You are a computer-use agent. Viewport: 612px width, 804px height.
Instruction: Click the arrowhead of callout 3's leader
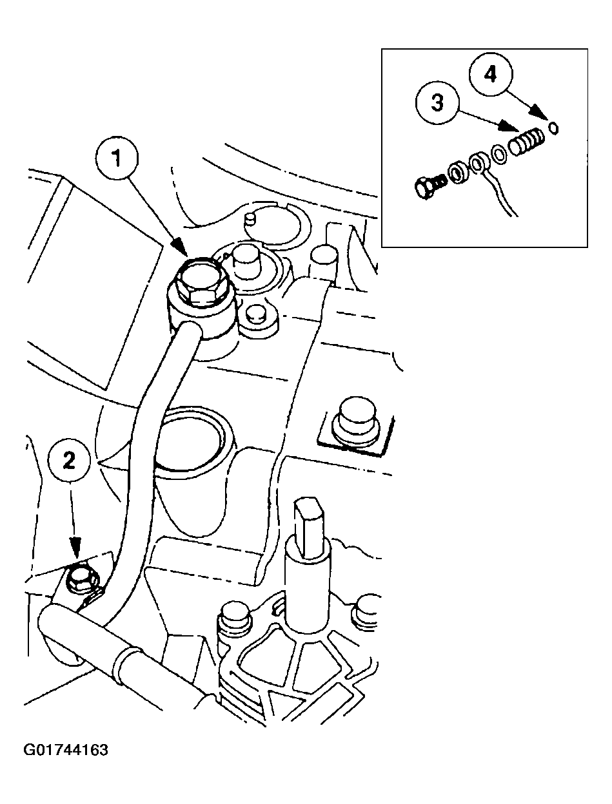click(x=512, y=130)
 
